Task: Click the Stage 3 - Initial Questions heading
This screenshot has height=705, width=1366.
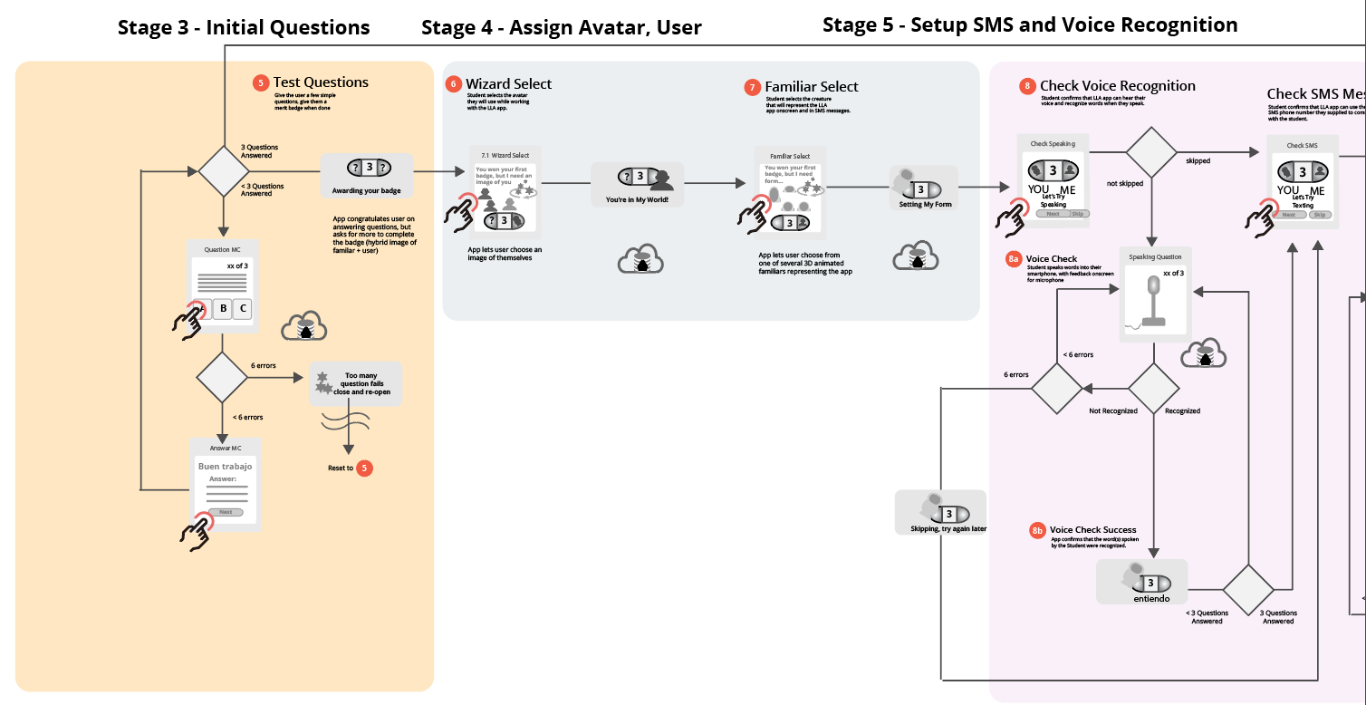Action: click(x=244, y=28)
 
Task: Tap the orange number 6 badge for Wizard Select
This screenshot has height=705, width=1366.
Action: click(x=454, y=84)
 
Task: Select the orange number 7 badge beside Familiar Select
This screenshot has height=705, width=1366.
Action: click(x=753, y=87)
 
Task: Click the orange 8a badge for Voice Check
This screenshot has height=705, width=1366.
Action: click(x=1014, y=259)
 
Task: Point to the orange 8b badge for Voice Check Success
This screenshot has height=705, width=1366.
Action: click(x=1038, y=530)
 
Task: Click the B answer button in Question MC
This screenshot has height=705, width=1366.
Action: click(x=223, y=309)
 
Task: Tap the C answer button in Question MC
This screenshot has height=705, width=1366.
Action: click(x=242, y=309)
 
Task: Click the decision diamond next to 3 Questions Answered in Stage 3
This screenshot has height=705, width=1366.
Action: click(x=223, y=170)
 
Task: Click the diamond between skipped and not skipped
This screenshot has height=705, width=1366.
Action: click(x=1151, y=152)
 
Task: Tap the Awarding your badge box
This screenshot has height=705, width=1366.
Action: click(x=367, y=176)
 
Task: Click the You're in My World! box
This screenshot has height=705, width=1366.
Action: click(x=637, y=185)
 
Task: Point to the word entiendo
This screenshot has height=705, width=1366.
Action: click(x=1151, y=599)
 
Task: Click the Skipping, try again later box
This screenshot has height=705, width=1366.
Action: click(x=940, y=513)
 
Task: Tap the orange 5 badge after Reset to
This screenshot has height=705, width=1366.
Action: click(x=364, y=468)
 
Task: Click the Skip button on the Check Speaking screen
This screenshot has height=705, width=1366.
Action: click(x=1077, y=214)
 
